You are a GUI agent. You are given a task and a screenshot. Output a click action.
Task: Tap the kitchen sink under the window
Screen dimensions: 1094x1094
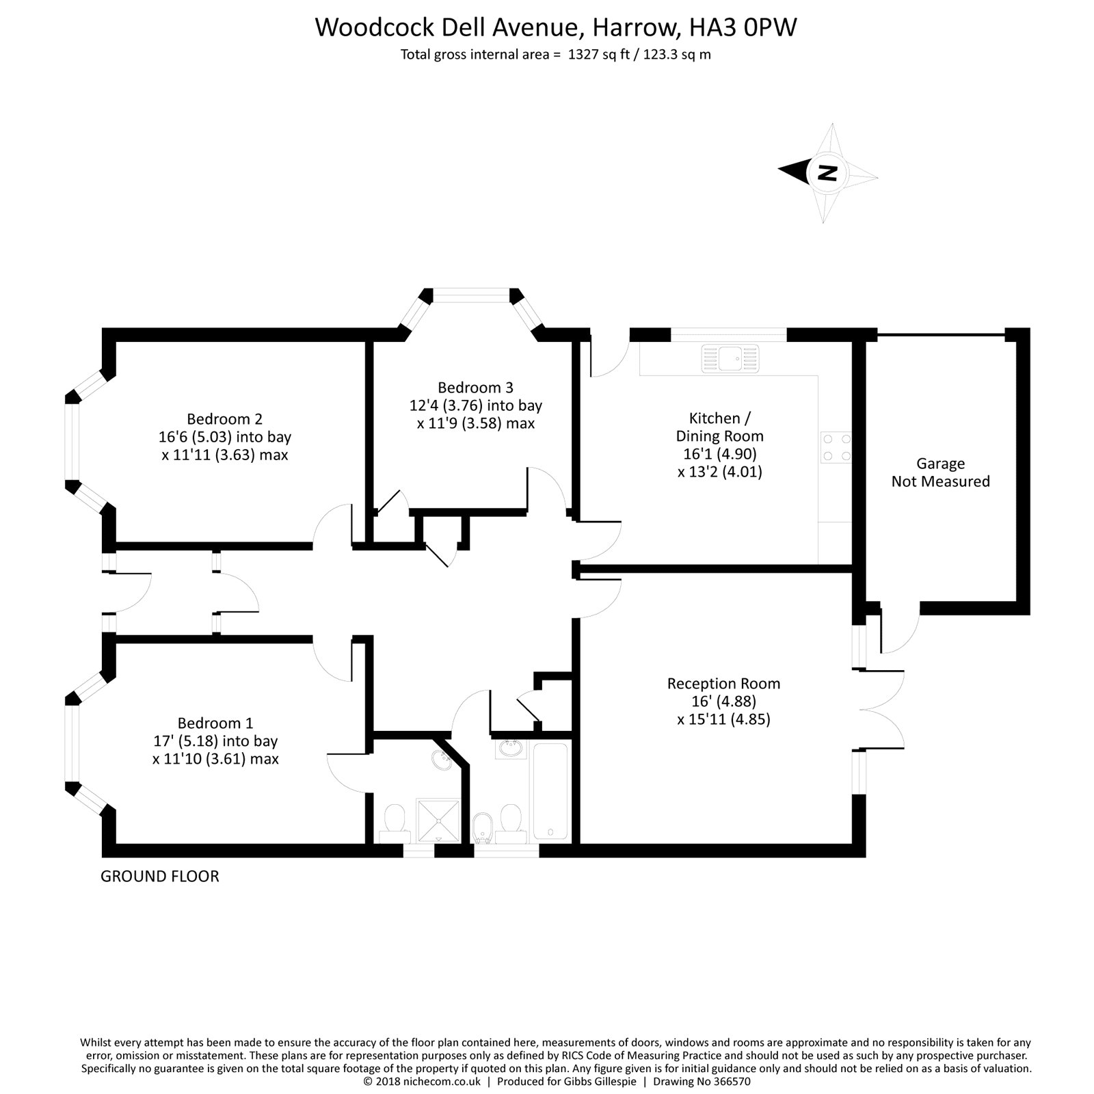pyautogui.click(x=730, y=358)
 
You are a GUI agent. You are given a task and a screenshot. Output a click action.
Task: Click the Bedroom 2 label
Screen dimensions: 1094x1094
pyautogui.click(x=224, y=418)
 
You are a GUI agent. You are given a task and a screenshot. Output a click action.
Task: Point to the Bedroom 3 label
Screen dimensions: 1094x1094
pyautogui.click(x=475, y=388)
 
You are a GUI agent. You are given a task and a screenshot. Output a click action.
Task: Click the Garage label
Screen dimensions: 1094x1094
pyautogui.click(x=940, y=464)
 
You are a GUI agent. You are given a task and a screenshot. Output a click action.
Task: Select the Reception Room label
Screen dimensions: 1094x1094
pyautogui.click(x=723, y=683)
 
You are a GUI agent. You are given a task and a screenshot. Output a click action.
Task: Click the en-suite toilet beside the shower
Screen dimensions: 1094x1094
pyautogui.click(x=395, y=821)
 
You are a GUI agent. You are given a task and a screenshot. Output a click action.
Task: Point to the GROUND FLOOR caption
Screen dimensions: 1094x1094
pyautogui.click(x=160, y=877)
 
